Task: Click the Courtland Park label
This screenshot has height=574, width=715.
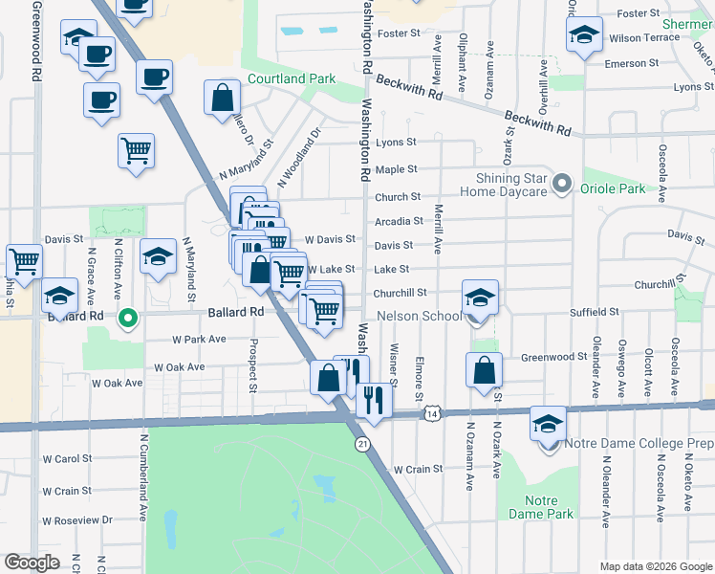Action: click(x=292, y=78)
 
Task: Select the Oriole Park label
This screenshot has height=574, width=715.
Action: click(x=613, y=188)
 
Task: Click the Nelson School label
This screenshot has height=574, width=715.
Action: click(x=420, y=316)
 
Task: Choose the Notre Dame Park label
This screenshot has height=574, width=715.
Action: click(x=549, y=508)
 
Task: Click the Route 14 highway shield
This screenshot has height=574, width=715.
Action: click(x=433, y=413)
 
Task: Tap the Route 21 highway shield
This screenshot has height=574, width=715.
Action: click(x=361, y=444)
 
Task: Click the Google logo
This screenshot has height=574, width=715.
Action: click(x=32, y=562)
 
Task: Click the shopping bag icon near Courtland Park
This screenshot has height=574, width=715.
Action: click(x=222, y=97)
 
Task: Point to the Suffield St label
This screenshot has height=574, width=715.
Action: click(x=594, y=312)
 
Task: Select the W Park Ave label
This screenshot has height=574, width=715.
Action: click(x=199, y=339)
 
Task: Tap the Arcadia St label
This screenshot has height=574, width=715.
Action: click(x=399, y=221)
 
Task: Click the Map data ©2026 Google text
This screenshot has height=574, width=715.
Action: click(x=655, y=566)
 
